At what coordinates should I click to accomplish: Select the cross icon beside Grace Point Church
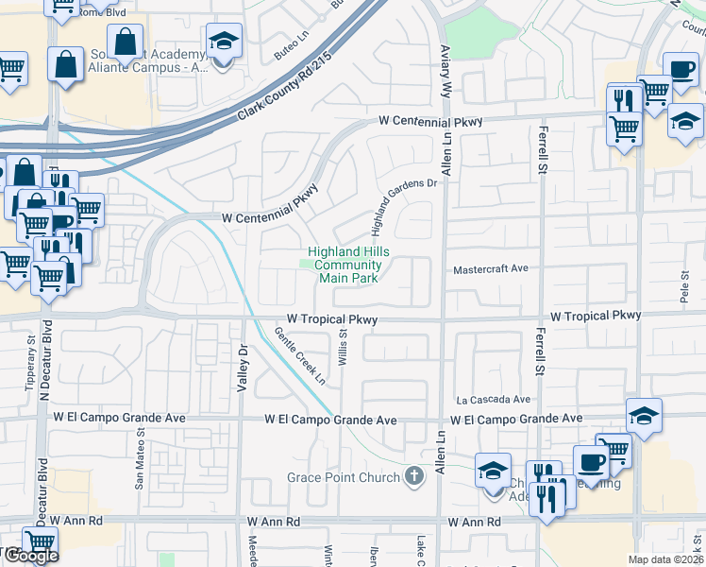coord(412,476)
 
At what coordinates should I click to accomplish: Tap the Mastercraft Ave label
coord(490,268)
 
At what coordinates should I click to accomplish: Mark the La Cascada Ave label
coord(494,400)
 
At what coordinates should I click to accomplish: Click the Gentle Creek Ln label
coord(300,356)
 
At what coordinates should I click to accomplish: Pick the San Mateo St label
coord(140,460)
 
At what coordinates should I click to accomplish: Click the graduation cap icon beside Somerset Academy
coord(224,43)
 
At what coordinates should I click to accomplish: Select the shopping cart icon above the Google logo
coord(39,542)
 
